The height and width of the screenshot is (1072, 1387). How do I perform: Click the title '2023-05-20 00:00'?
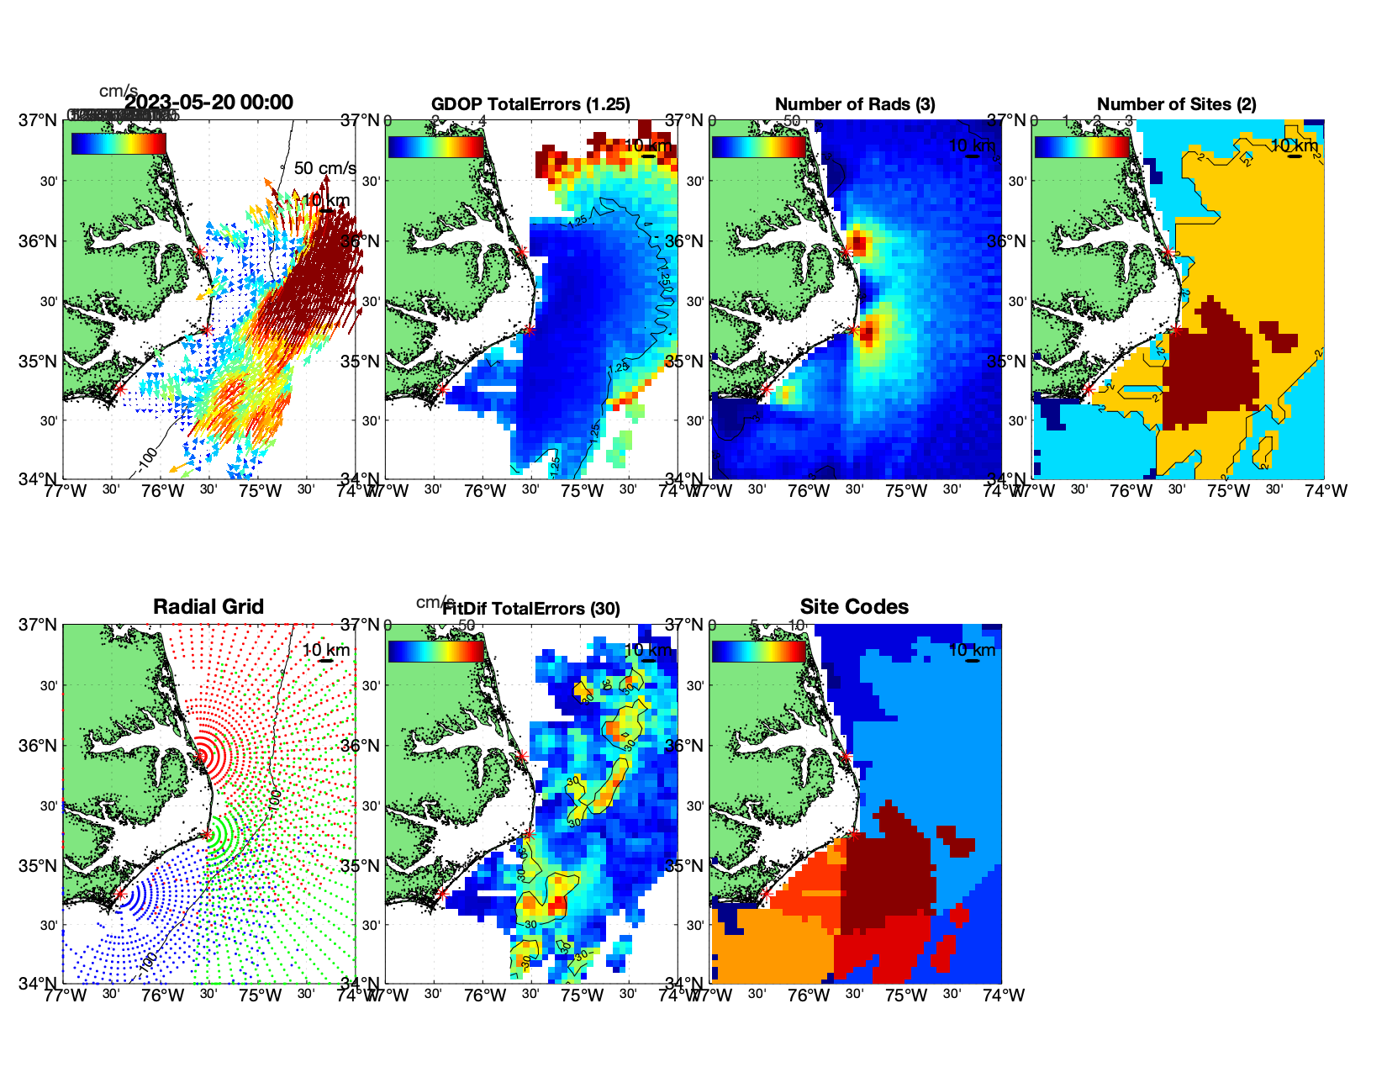point(209,103)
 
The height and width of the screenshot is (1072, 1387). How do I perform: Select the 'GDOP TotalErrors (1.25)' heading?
point(530,104)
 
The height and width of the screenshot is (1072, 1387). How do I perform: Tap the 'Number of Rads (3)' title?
point(854,104)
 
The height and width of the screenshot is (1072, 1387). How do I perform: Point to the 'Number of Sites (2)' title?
point(1176,104)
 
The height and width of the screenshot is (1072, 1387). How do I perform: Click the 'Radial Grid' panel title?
point(208,607)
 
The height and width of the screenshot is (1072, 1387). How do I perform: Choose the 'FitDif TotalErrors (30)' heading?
point(531,609)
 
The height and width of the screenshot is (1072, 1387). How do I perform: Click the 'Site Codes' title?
point(854,607)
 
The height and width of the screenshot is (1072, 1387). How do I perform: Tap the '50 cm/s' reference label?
point(324,168)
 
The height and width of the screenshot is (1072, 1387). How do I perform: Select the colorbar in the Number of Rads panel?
point(759,146)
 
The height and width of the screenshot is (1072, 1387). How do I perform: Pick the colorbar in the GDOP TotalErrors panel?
point(436,146)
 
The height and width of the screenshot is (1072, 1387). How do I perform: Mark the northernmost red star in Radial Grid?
point(200,756)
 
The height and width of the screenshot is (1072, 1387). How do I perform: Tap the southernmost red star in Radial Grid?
point(119,895)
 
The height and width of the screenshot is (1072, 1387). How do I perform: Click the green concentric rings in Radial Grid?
point(219,835)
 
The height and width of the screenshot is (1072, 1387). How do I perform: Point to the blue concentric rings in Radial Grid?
point(143,896)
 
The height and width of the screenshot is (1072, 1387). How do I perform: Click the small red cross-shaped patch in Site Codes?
point(959,916)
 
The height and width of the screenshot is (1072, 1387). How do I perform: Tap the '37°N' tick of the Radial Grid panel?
point(39,626)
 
